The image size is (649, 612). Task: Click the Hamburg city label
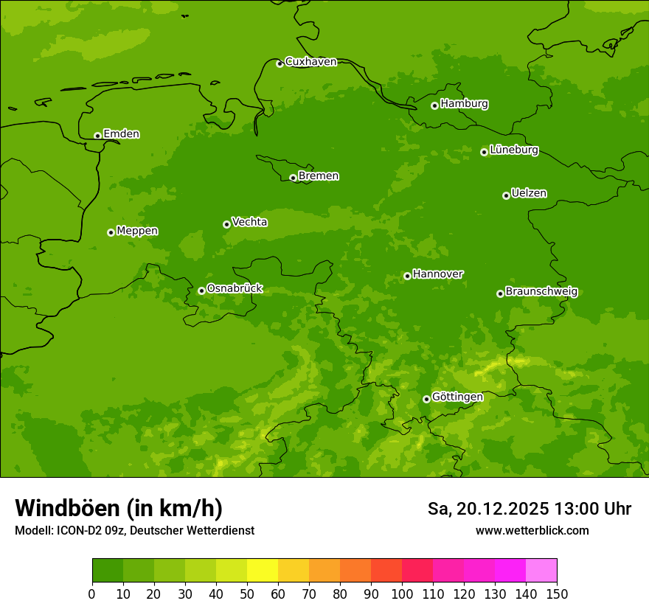tap(464, 104)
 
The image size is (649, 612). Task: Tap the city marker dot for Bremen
tap(293, 178)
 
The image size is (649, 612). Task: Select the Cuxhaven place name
tap(310, 61)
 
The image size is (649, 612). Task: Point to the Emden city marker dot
tap(97, 136)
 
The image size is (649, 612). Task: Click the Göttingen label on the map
tap(457, 397)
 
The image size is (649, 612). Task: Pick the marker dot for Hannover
tap(407, 276)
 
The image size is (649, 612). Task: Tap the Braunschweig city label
tap(541, 291)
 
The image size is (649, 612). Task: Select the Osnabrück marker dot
tap(201, 291)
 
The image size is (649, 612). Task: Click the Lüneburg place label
tap(513, 150)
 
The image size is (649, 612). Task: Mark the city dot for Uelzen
tap(506, 195)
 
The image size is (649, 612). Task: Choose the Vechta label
tap(249, 222)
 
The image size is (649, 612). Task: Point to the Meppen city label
tap(137, 231)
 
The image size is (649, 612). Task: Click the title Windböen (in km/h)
tap(119, 508)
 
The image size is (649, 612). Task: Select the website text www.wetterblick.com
tap(532, 530)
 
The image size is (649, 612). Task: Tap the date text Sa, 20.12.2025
tap(488, 509)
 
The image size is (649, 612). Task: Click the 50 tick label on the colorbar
tap(247, 594)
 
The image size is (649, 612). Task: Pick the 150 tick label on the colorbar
tap(557, 594)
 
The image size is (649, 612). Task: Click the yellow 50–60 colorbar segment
tap(263, 570)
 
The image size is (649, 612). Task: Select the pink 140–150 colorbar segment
tap(541, 570)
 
